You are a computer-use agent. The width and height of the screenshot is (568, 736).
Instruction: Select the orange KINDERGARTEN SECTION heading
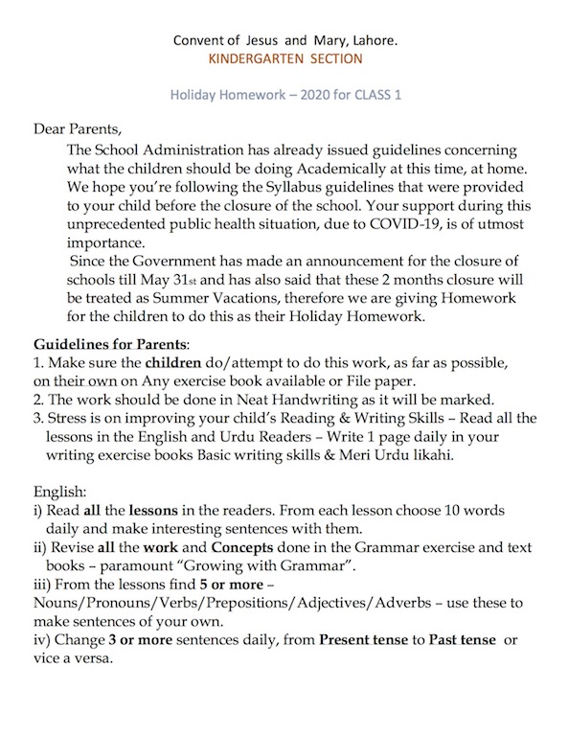click(x=284, y=59)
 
